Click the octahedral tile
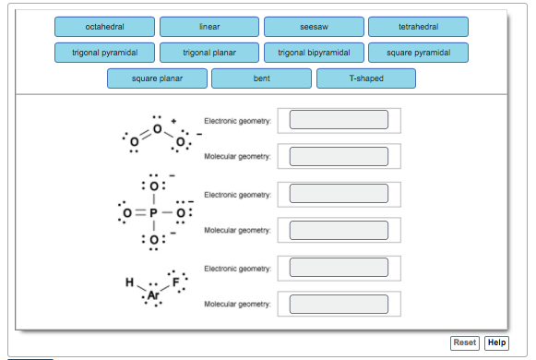tap(104, 27)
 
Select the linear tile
tap(208, 27)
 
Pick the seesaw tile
tap(314, 27)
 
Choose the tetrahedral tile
tap(418, 27)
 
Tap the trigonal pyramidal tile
tap(104, 53)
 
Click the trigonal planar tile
tap(208, 53)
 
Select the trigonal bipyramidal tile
tap(314, 53)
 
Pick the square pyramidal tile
tap(418, 53)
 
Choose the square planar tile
tap(157, 78)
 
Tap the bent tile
tap(261, 78)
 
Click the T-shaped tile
tap(365, 78)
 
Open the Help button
tap(496, 342)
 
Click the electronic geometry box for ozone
tap(339, 120)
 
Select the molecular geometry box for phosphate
tap(339, 231)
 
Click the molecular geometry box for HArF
tap(339, 304)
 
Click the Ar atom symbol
tap(153, 294)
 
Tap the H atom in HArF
tap(130, 282)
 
